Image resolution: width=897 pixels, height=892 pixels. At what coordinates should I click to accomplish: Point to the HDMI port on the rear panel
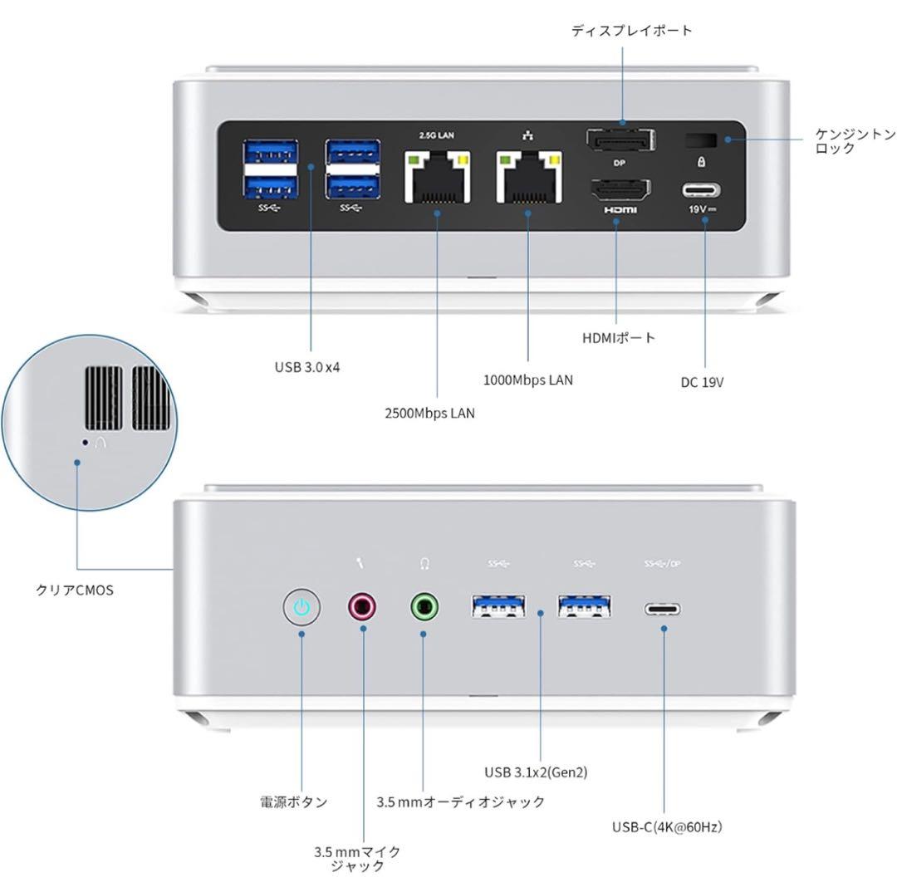[x=620, y=192]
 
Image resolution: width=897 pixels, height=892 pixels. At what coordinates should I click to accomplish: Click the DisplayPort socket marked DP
[x=620, y=140]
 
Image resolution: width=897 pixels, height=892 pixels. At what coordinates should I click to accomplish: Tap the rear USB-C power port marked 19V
[x=703, y=189]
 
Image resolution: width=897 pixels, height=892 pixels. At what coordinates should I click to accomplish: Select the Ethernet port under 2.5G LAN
[x=437, y=176]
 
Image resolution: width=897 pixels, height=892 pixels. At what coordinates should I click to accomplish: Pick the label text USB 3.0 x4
[x=307, y=367]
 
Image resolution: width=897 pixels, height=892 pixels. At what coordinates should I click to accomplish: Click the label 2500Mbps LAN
[x=429, y=413]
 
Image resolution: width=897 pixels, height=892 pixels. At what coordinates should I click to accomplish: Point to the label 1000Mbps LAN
[x=527, y=380]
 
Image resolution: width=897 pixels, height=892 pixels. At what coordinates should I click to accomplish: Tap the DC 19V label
[x=702, y=383]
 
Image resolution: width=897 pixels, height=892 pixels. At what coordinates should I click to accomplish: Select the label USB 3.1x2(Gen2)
[x=536, y=772]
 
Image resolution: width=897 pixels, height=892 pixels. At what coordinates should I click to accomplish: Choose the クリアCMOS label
[x=75, y=591]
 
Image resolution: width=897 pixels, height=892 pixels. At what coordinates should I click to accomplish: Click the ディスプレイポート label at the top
[x=631, y=31]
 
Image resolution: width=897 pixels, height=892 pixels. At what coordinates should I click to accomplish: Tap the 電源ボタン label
[x=293, y=802]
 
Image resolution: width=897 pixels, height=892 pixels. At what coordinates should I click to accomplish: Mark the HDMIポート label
[x=619, y=338]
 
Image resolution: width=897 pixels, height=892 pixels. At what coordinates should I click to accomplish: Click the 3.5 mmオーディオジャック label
[x=460, y=802]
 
